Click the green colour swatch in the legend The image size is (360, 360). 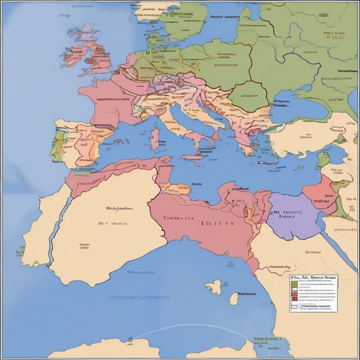pyautogui.click(x=294, y=284)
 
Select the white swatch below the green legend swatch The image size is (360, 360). pyautogui.click(x=294, y=289)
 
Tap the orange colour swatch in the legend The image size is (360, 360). pyautogui.click(x=294, y=294)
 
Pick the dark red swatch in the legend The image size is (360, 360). pyautogui.click(x=294, y=299)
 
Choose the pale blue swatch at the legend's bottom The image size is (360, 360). pyautogui.click(x=294, y=307)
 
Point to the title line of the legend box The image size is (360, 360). pyautogui.click(x=313, y=277)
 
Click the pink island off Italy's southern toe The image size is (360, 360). pyautogui.click(x=191, y=159)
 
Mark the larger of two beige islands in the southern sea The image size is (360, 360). pyautogui.click(x=214, y=287)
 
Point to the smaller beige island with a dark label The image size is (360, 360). pyautogui.click(x=234, y=298)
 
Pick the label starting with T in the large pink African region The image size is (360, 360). pyautogui.click(x=178, y=218)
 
